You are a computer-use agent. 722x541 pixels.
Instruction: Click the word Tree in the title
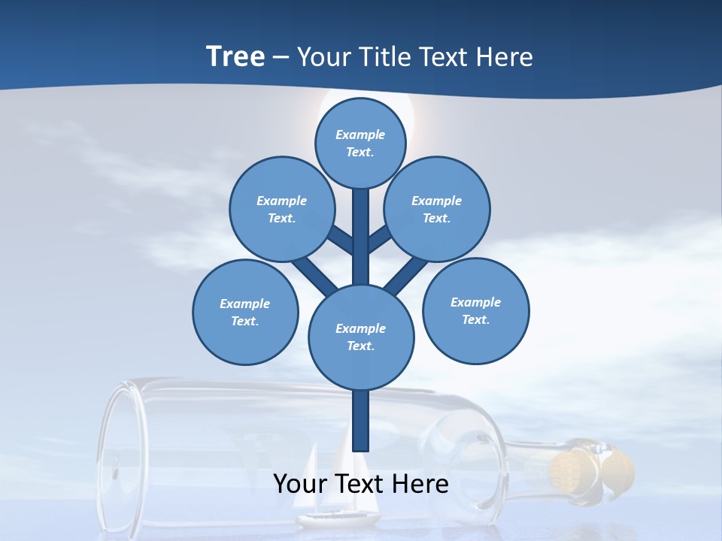pos(235,57)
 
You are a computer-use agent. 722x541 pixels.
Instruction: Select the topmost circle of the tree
pos(360,143)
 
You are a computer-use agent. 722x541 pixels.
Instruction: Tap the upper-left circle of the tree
pos(282,209)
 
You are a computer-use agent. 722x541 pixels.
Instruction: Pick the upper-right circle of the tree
pos(437,209)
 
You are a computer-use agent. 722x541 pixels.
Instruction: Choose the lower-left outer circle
pos(245,312)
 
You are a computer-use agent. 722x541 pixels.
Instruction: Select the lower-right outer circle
pos(475,310)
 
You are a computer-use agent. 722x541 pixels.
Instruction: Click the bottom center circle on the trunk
pos(361,337)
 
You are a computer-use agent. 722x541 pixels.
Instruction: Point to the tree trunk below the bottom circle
pos(361,421)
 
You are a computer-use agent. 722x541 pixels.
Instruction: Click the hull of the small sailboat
pos(338,518)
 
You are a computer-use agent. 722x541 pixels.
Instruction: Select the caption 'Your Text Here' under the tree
pos(361,484)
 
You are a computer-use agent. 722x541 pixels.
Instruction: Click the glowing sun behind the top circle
pos(406,113)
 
